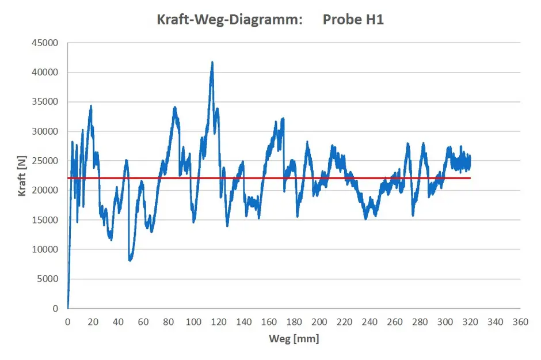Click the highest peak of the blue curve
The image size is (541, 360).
(x=212, y=62)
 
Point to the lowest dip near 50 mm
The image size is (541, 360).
(x=131, y=260)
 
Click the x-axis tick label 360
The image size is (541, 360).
(x=520, y=321)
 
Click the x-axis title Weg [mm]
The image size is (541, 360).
(x=294, y=339)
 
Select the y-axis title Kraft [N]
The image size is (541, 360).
(x=22, y=176)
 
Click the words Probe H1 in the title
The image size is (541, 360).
(x=353, y=20)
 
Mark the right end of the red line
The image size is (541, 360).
(x=470, y=178)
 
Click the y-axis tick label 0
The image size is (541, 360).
(x=56, y=309)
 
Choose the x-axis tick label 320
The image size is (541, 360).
(x=470, y=321)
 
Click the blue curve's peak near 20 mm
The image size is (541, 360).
(x=91, y=106)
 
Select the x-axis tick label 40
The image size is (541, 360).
(x=118, y=321)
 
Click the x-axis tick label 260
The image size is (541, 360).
(x=395, y=321)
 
